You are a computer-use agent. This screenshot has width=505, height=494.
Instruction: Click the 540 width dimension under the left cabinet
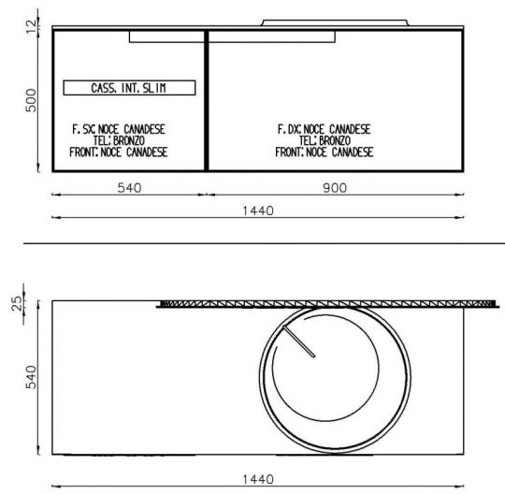(x=129, y=187)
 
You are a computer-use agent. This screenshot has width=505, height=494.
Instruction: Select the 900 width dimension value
(x=335, y=187)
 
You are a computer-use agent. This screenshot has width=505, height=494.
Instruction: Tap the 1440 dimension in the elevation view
(x=258, y=211)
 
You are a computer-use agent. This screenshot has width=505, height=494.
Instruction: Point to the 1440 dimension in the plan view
(x=258, y=479)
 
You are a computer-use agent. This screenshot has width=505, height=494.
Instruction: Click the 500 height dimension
(x=31, y=100)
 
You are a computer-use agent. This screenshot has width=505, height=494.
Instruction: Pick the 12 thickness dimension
(x=31, y=26)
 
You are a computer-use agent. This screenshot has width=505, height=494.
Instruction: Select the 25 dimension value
(x=17, y=303)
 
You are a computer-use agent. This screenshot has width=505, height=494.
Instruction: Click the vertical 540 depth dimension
(x=31, y=377)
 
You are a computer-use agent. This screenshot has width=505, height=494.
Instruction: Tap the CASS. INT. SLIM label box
(x=129, y=88)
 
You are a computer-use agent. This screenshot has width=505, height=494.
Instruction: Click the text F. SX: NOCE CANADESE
(x=119, y=129)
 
